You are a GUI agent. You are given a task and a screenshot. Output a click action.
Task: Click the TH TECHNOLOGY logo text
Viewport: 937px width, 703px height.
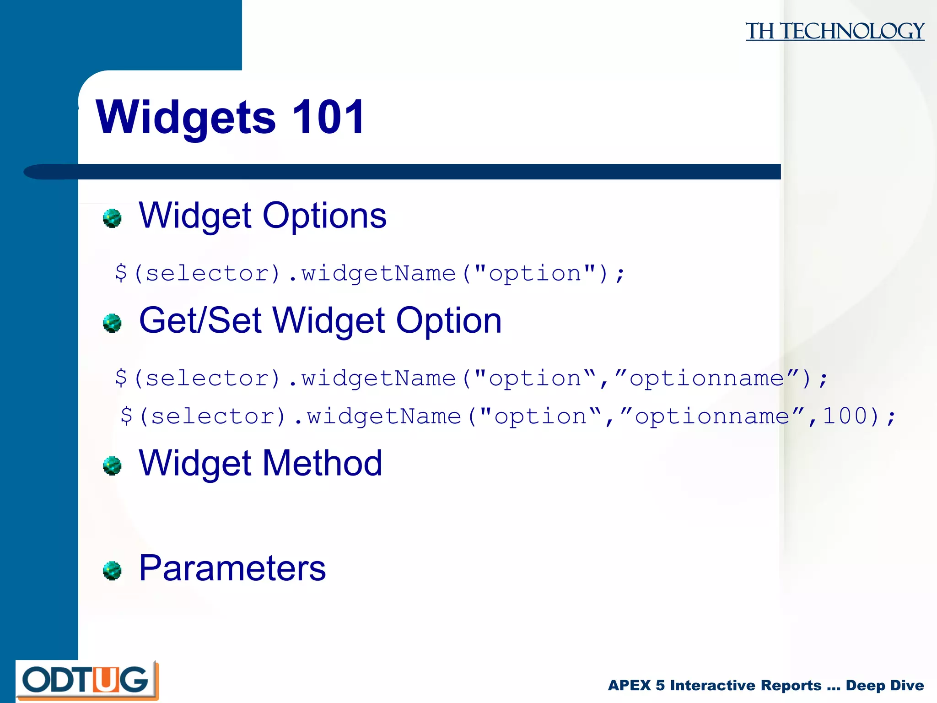tap(835, 31)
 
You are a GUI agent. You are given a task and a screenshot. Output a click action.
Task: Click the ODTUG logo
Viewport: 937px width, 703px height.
tap(86, 680)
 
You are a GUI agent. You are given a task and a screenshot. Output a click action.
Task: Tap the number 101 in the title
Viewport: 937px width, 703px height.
tap(328, 117)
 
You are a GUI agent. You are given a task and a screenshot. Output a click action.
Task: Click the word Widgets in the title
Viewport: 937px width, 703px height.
tap(185, 118)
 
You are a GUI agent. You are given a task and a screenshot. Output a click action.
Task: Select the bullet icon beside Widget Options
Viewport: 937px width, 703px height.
tap(112, 218)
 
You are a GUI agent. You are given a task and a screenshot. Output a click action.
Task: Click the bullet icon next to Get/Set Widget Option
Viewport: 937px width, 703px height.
tap(112, 323)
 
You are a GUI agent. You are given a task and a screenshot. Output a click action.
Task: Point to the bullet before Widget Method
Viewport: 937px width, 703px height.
tap(112, 466)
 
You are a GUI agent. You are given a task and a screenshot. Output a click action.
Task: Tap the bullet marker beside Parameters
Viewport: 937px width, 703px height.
tap(112, 571)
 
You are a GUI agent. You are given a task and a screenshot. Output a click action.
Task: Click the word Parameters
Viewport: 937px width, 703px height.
tap(232, 568)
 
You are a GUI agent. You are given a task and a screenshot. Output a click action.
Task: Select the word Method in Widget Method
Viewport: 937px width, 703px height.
tap(322, 463)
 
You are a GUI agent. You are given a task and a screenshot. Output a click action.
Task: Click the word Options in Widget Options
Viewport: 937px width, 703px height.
tap(324, 216)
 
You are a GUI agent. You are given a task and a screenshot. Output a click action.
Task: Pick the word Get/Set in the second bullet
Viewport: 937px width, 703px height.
tap(200, 320)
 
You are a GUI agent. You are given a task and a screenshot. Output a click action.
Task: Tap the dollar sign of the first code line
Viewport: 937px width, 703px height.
tap(121, 273)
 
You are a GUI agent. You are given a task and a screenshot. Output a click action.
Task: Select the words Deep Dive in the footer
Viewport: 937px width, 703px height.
tap(884, 685)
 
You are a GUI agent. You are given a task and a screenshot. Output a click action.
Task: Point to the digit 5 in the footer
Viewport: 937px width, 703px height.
tap(660, 685)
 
